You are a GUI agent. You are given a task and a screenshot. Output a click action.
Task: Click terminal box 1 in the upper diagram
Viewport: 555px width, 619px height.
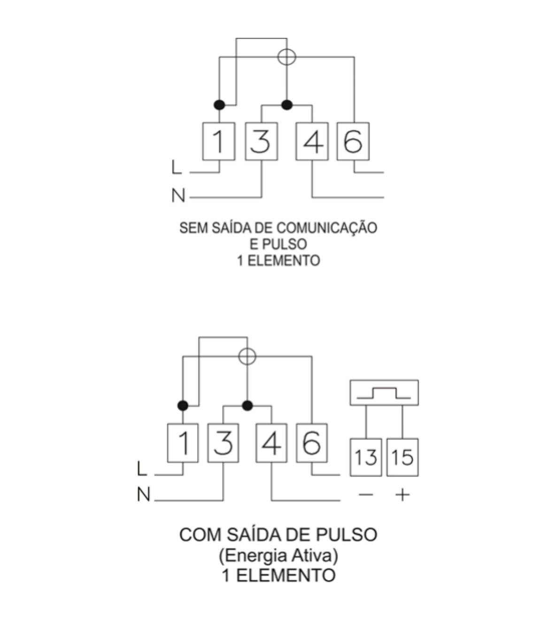point(219,141)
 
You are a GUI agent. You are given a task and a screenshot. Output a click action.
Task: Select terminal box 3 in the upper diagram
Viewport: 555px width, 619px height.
point(262,141)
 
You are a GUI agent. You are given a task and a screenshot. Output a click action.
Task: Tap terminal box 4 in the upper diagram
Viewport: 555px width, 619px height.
point(312,141)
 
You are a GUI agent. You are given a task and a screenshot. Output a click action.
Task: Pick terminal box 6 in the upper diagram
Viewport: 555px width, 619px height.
point(353,141)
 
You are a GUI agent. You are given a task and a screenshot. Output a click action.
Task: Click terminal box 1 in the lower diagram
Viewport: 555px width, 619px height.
point(183,443)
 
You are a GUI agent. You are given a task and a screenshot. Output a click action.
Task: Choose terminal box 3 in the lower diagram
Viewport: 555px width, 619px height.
point(223,443)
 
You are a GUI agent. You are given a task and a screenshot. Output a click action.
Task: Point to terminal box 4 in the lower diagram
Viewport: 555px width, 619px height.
point(271,443)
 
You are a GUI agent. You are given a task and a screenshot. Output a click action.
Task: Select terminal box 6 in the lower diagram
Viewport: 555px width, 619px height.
point(312,443)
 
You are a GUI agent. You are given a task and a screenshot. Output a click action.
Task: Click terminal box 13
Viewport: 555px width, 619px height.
point(366,457)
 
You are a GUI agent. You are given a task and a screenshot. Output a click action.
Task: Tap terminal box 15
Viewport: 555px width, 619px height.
point(402,457)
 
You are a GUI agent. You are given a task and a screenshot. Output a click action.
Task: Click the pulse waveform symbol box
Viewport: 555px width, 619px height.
point(384,392)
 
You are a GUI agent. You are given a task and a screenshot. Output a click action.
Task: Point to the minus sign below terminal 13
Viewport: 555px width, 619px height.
point(366,494)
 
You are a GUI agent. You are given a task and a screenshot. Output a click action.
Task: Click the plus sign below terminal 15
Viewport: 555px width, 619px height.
point(402,494)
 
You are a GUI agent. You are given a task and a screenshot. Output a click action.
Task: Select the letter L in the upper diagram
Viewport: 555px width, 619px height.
point(177,167)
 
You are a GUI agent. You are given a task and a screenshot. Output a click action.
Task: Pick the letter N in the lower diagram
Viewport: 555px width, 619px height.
point(144,494)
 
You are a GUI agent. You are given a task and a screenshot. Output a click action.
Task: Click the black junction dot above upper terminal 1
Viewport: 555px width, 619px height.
point(219,105)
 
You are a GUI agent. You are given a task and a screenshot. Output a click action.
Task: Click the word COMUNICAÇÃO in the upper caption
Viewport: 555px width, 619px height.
point(327,228)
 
